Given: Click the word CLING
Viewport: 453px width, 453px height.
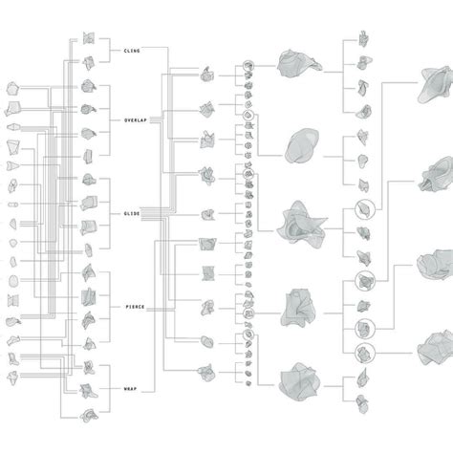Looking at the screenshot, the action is click(132, 51).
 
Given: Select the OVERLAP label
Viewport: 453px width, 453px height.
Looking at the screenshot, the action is click(136, 120).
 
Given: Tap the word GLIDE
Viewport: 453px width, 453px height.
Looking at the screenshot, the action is click(132, 213).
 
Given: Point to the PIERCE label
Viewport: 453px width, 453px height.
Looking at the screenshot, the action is click(135, 307).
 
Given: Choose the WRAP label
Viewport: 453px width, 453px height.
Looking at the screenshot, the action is click(130, 389).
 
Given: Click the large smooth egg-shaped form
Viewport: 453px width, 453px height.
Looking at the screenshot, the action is click(301, 145).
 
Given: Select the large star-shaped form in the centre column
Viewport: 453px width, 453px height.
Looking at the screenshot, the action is click(301, 224).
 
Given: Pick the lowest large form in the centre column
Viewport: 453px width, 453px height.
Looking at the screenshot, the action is click(299, 381).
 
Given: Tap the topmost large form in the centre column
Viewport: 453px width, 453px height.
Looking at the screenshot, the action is click(298, 64).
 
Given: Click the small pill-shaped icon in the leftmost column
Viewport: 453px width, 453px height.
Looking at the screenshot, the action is click(12, 205).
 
